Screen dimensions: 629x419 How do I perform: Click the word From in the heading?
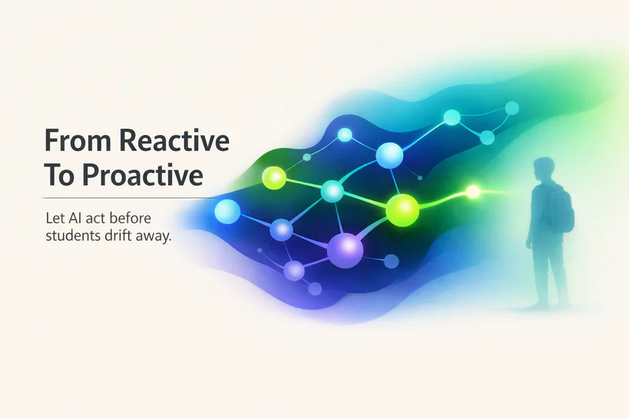(x=78, y=141)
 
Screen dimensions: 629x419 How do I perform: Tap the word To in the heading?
(x=59, y=175)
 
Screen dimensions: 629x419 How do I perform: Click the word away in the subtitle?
(x=153, y=237)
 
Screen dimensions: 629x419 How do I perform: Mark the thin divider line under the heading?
(x=129, y=198)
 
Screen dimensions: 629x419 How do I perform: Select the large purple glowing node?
(x=345, y=250)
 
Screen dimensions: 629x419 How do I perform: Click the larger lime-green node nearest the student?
(x=403, y=210)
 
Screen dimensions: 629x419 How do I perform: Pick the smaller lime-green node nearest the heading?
(x=274, y=178)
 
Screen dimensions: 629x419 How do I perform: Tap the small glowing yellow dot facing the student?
(x=473, y=192)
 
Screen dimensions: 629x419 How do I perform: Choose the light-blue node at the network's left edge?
(x=227, y=211)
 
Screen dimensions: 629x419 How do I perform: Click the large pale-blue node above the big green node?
(x=389, y=155)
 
